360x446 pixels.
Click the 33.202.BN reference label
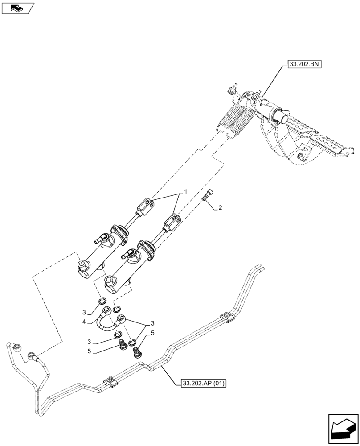[x=304, y=64]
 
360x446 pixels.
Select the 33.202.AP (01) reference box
[x=204, y=383]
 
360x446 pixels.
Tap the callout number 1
[x=185, y=191]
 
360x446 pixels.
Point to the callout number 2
[x=220, y=208]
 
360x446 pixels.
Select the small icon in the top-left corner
[x=18, y=8]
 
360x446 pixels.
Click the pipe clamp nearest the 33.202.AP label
[x=110, y=382]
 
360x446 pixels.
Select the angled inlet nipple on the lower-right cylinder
[x=127, y=255]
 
